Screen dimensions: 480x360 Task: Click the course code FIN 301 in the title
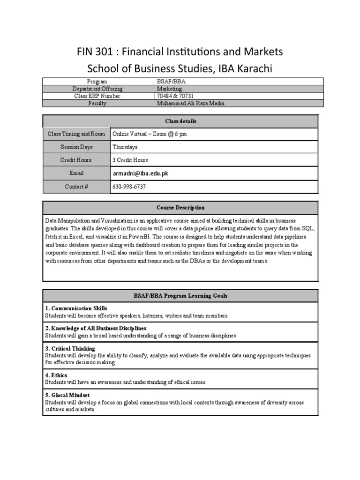point(95,51)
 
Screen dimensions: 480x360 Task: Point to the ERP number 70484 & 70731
point(175,96)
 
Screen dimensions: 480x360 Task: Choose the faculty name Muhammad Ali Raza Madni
point(190,103)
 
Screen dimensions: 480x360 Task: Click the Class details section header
point(180,121)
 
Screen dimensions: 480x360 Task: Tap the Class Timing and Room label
point(76,134)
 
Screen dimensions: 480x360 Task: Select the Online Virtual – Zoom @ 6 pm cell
point(150,134)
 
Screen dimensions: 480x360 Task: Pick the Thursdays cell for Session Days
point(125,147)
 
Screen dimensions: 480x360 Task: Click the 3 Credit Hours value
point(130,160)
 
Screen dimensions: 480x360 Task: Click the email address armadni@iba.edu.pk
point(140,173)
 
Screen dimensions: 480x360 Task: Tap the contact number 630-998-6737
point(129,187)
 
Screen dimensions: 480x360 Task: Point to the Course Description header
point(180,208)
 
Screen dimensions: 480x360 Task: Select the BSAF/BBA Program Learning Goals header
point(180,296)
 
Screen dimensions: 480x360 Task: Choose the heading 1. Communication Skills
point(76,308)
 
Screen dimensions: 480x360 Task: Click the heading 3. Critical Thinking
point(70,349)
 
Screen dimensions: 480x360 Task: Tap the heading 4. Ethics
point(56,375)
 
